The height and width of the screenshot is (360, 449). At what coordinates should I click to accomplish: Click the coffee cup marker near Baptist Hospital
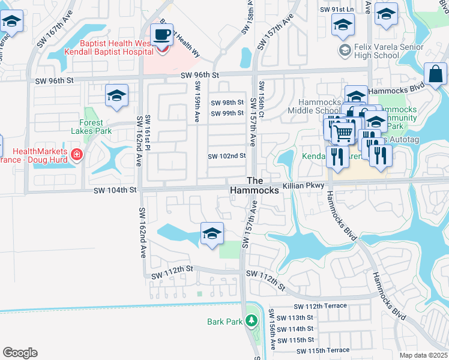pyautogui.click(x=161, y=34)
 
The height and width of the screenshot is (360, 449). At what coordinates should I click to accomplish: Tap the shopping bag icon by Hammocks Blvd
pyautogui.click(x=436, y=74)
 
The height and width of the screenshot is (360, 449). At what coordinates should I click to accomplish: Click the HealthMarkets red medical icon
pyautogui.click(x=76, y=155)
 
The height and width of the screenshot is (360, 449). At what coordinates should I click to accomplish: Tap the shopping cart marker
pyautogui.click(x=342, y=132)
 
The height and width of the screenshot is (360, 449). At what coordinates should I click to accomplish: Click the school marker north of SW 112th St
pyautogui.click(x=211, y=234)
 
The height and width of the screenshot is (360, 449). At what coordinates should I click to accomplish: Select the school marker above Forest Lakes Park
pyautogui.click(x=116, y=95)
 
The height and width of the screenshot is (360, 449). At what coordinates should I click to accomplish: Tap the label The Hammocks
pyautogui.click(x=255, y=185)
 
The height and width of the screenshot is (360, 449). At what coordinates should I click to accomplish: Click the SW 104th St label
pyautogui.click(x=115, y=190)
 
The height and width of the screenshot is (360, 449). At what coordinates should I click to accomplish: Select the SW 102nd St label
pyautogui.click(x=227, y=156)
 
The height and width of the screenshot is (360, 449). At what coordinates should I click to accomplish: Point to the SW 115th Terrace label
pyautogui.click(x=322, y=350)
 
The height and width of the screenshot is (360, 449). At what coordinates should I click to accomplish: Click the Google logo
pyautogui.click(x=20, y=353)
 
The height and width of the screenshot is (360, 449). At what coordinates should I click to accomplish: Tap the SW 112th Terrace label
pyautogui.click(x=321, y=306)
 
